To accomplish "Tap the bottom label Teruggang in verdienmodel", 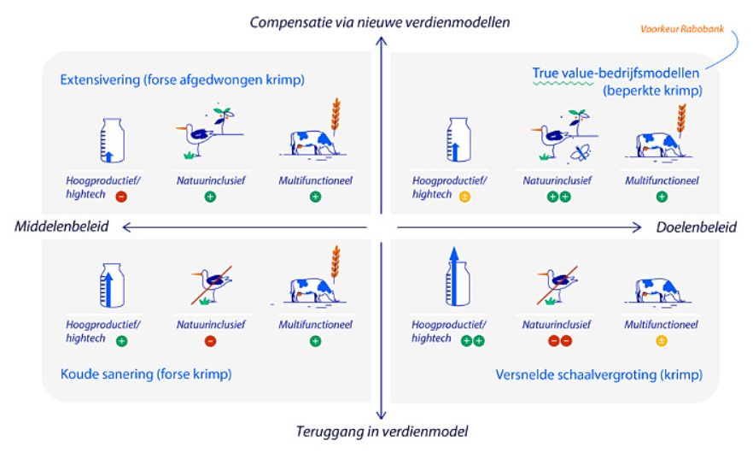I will (x=381, y=431).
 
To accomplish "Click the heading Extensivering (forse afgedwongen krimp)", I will (x=183, y=79).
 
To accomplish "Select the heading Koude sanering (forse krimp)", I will (x=146, y=374).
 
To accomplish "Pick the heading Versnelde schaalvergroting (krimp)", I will (x=599, y=374).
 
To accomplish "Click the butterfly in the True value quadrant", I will (x=581, y=153).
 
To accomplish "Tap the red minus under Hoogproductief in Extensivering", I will (x=122, y=196).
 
